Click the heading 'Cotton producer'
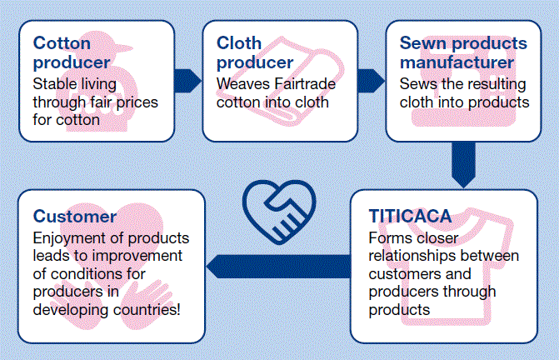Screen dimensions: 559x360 [x=72, y=52]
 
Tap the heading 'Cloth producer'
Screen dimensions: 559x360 [x=255, y=52]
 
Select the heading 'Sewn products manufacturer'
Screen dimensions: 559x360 [x=463, y=52]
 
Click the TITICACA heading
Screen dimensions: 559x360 [x=410, y=216]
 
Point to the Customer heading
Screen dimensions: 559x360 [x=74, y=217]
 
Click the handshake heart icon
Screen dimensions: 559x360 [x=279, y=212]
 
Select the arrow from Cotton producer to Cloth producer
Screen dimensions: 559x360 [x=188, y=81]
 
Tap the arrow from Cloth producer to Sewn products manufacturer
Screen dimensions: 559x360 [x=371, y=81]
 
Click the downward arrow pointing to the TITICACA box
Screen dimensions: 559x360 [x=463, y=165]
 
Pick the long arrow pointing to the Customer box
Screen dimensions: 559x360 [x=278, y=267]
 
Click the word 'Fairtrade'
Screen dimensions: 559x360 [x=305, y=84]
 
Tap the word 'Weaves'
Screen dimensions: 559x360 [x=243, y=84]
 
